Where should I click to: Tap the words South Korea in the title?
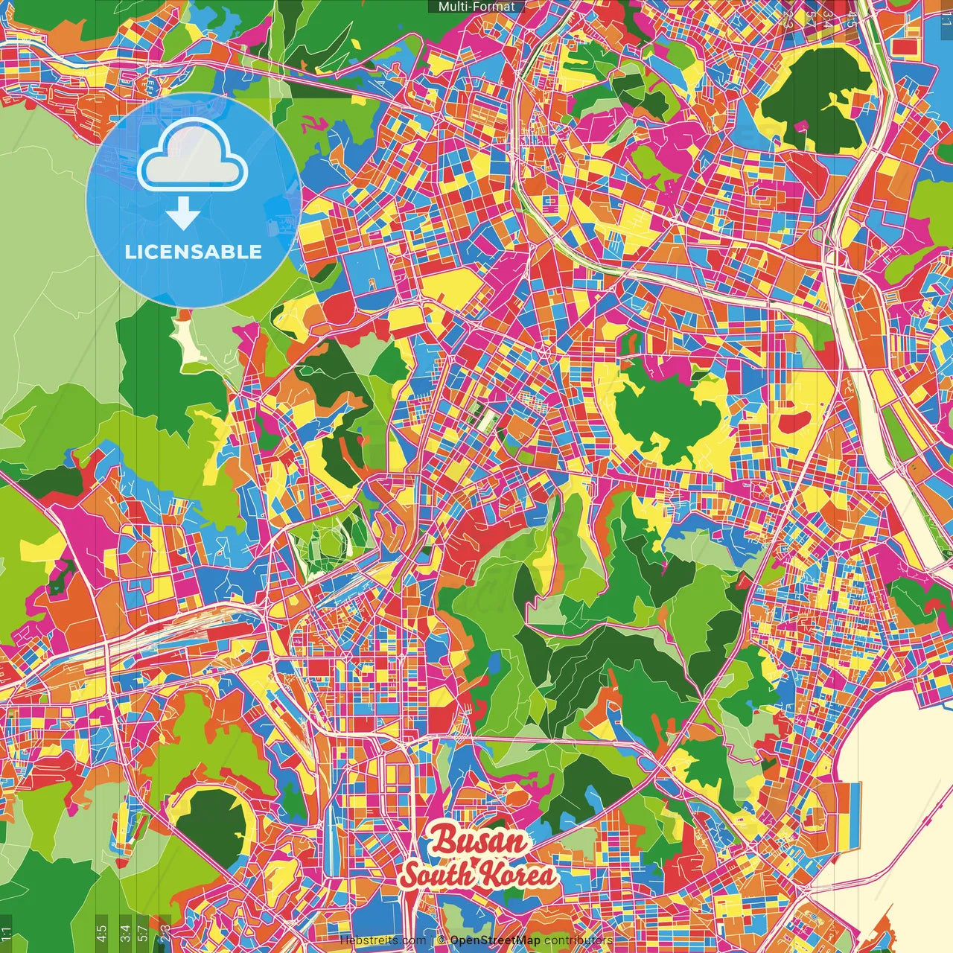point(478,875)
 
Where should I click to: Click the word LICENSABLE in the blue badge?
point(194,252)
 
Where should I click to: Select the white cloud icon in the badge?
point(193,155)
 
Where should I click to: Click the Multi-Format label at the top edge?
point(476,7)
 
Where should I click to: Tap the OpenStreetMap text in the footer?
point(495,941)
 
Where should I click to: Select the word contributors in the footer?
point(579,941)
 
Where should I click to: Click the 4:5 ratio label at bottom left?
point(101,932)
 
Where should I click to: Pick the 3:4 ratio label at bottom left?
point(125,932)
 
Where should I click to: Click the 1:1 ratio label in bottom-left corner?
point(6,934)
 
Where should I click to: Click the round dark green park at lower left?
point(212,823)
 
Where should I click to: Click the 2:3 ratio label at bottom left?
point(163,932)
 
